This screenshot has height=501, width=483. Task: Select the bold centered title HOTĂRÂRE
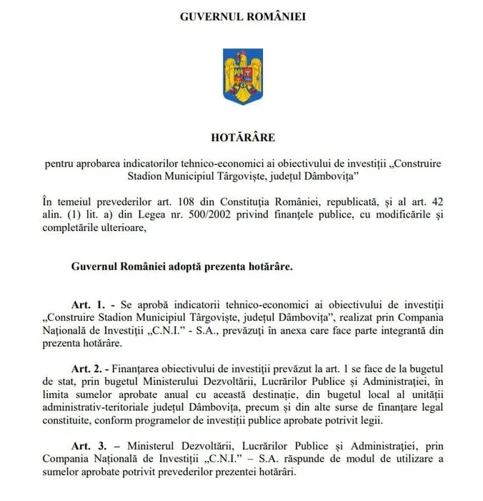coord(241,135)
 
